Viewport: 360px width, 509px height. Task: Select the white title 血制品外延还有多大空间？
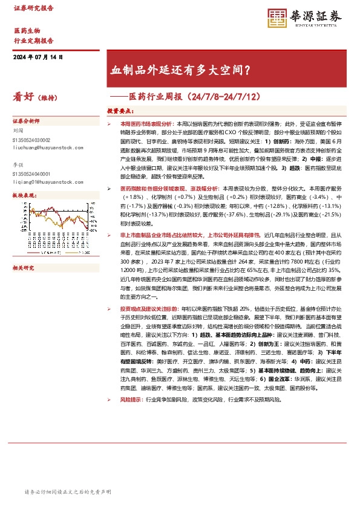(181, 70)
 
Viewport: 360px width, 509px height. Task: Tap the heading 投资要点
(120, 111)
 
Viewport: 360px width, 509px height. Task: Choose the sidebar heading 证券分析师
(26, 121)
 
